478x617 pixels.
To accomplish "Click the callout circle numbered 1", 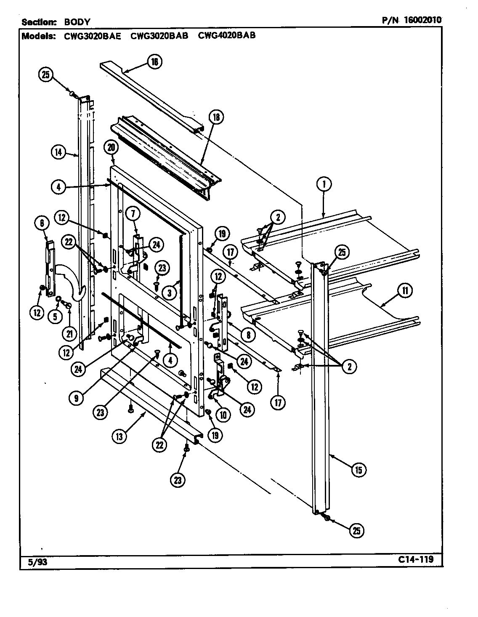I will tap(324, 184).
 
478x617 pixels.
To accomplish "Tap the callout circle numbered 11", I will tap(404, 290).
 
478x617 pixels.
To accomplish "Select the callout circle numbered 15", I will tap(358, 470).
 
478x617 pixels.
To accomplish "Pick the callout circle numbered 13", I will tap(119, 436).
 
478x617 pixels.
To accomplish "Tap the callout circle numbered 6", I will tap(42, 224).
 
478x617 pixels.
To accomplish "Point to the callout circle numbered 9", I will tap(76, 398).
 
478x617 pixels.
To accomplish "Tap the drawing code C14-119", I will tap(414, 560).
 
